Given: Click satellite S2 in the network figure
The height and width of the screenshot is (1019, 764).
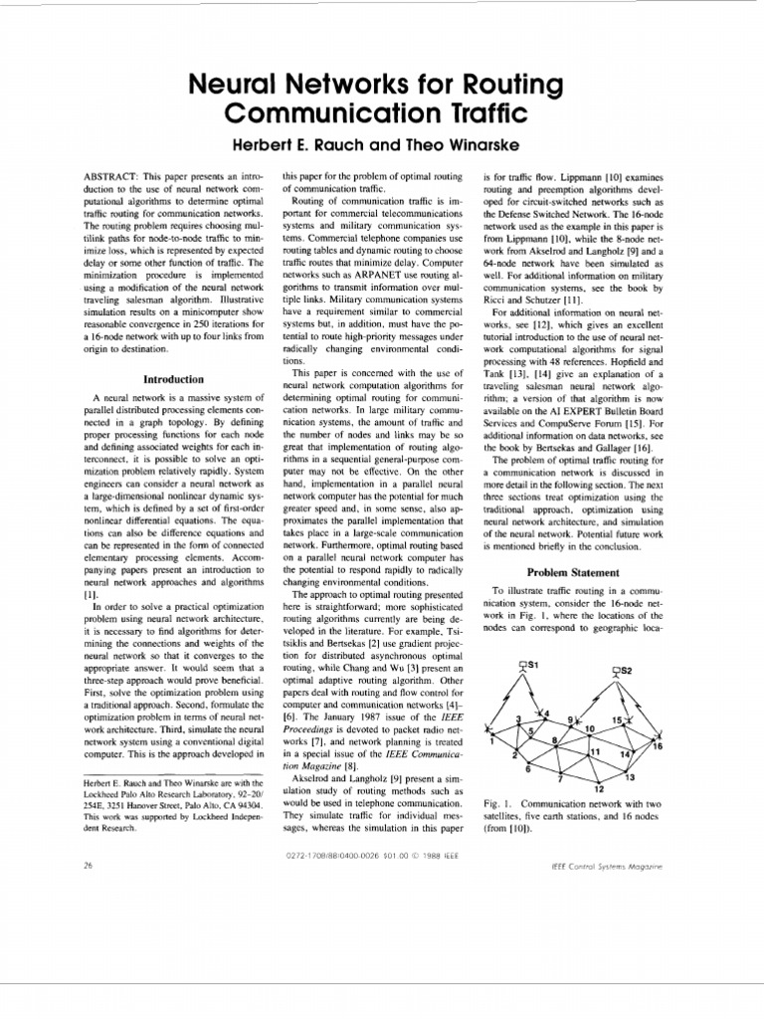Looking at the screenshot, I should pyautogui.click(x=618, y=672).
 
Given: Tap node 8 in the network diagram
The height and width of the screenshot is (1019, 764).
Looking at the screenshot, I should pyautogui.click(x=553, y=740).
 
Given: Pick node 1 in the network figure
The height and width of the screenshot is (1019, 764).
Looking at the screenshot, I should pyautogui.click(x=492, y=739).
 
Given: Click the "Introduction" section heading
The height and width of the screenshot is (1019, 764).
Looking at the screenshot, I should pyautogui.click(x=174, y=379).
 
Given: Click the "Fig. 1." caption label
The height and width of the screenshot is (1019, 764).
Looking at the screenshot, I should pyautogui.click(x=494, y=802).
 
